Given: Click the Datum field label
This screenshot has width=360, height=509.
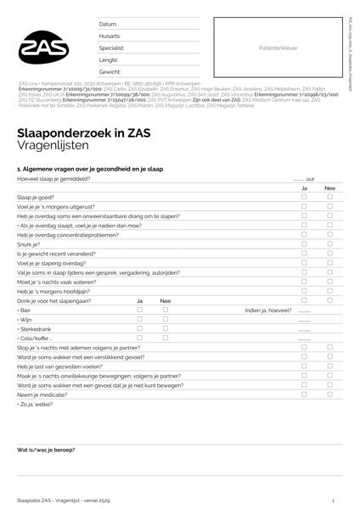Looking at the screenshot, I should coord(108,25).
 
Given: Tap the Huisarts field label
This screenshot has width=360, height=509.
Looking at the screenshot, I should coord(110,36).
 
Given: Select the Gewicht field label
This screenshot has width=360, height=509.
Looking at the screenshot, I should coord(110,72).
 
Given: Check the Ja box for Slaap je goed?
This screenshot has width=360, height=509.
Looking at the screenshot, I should coord(305,197).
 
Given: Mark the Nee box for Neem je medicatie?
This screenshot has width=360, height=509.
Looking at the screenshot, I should coord(329,396).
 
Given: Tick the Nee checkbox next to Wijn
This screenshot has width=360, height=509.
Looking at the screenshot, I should coord(166,320).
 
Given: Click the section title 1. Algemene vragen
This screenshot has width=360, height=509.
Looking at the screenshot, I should coord(89,170).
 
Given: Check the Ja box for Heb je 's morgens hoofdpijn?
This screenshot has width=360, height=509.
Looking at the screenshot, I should coord(305,292).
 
